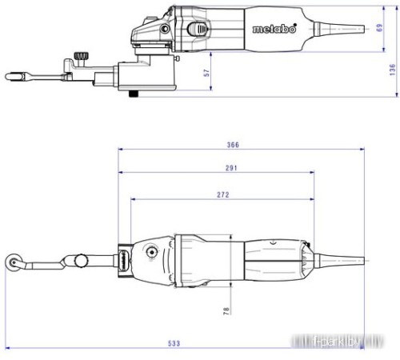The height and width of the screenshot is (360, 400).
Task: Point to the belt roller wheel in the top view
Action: (14, 261)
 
